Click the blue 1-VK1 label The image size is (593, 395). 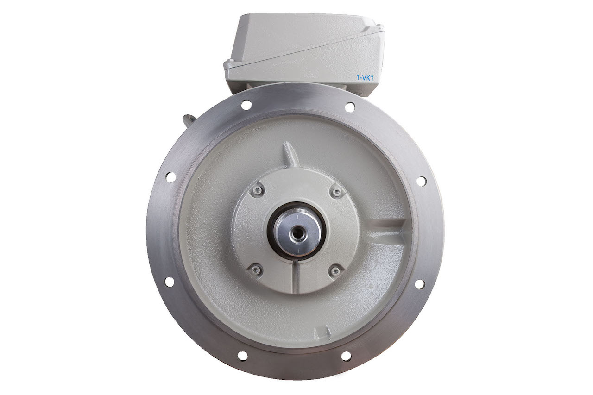click(x=365, y=78)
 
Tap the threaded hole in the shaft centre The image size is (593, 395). click(x=298, y=233)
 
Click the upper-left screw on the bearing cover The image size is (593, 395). click(x=257, y=190)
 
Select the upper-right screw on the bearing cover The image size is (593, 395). click(x=337, y=192)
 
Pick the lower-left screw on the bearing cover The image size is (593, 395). click(x=255, y=270)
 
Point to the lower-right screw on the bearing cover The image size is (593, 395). click(x=335, y=270)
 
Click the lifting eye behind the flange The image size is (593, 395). click(x=190, y=120)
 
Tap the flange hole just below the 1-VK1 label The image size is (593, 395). click(x=350, y=107)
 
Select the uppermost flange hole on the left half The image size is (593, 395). click(x=246, y=105)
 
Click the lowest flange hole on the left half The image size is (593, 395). click(x=242, y=356)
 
